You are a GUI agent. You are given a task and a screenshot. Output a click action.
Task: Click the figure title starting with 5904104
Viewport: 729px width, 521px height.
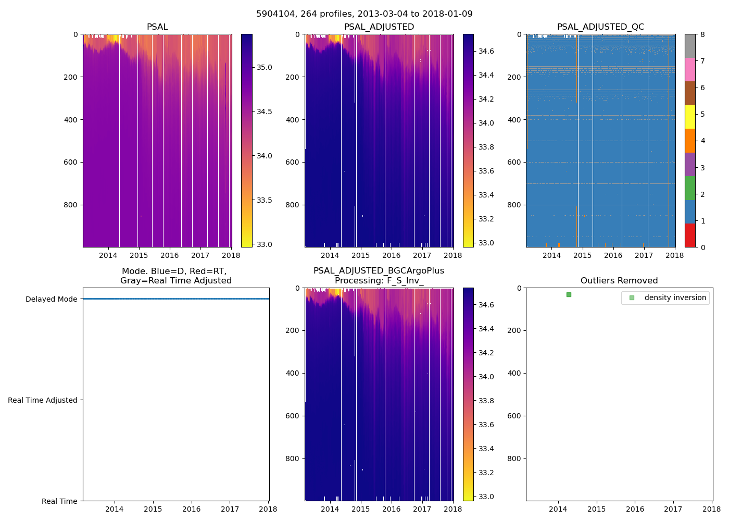click(364, 14)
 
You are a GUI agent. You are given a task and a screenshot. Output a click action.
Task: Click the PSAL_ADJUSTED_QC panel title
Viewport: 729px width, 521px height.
click(600, 27)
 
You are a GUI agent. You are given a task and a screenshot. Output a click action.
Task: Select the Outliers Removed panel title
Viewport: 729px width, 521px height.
click(619, 281)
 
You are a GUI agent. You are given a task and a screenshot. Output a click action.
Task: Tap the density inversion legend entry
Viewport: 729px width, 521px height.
click(675, 297)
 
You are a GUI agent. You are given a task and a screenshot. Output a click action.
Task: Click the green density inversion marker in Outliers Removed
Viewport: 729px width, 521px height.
click(569, 295)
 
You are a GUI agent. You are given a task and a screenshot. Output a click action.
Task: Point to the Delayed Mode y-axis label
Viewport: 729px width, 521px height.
click(51, 299)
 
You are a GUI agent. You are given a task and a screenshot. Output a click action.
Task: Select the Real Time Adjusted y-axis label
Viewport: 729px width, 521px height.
click(43, 400)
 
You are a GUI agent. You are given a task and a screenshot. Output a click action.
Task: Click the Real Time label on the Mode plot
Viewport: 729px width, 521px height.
click(59, 501)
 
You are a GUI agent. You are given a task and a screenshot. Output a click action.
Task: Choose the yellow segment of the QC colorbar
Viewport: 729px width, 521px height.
click(690, 117)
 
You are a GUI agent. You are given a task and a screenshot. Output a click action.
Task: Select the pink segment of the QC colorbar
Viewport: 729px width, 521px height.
click(690, 70)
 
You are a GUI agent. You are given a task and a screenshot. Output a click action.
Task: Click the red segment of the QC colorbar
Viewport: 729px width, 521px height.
click(690, 235)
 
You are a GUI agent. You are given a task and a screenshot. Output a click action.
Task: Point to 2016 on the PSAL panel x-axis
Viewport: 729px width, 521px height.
click(169, 255)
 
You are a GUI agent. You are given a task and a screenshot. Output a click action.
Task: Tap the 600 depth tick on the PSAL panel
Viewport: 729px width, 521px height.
click(71, 162)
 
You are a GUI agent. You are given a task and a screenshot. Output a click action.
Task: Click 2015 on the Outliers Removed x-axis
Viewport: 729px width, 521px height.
click(596, 509)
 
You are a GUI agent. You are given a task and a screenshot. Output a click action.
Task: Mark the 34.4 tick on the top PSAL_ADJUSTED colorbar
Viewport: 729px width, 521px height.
click(486, 75)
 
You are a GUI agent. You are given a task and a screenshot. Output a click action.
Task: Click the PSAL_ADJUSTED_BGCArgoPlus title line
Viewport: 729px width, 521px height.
click(379, 271)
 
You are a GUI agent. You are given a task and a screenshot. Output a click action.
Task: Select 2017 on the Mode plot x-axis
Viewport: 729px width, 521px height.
click(230, 509)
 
